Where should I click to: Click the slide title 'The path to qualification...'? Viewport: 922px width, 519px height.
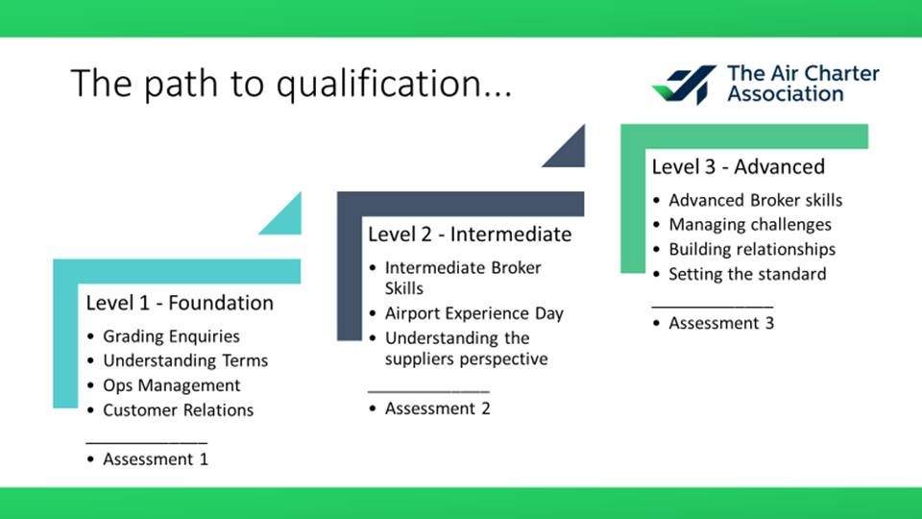point(292,84)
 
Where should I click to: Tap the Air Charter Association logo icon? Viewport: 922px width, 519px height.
point(685,85)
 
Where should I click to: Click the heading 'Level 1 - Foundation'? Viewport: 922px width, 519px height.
point(180,303)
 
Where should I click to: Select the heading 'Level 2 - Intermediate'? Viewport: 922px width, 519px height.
point(470,235)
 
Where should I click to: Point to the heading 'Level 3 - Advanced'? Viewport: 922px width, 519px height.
point(738,166)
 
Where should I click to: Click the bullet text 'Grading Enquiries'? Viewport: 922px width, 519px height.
point(171,336)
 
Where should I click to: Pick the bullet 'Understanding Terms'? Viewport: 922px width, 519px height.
point(185,360)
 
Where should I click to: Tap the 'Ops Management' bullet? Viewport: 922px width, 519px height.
point(172,385)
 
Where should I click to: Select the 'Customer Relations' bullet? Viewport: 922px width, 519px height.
point(179,409)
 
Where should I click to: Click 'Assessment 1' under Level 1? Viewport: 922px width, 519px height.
point(156,459)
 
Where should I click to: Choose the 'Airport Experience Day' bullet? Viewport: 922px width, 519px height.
point(473,313)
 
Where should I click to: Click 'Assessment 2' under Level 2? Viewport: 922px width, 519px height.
point(438,408)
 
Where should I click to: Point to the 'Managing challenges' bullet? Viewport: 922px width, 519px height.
point(750,224)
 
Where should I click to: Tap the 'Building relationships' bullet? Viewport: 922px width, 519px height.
point(752,249)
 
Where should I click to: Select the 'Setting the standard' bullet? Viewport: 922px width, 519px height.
point(747,274)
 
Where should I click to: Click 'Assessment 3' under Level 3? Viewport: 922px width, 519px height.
point(721,323)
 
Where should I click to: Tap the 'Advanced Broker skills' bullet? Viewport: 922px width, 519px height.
point(756,200)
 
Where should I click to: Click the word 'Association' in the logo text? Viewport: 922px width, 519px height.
point(786,93)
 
